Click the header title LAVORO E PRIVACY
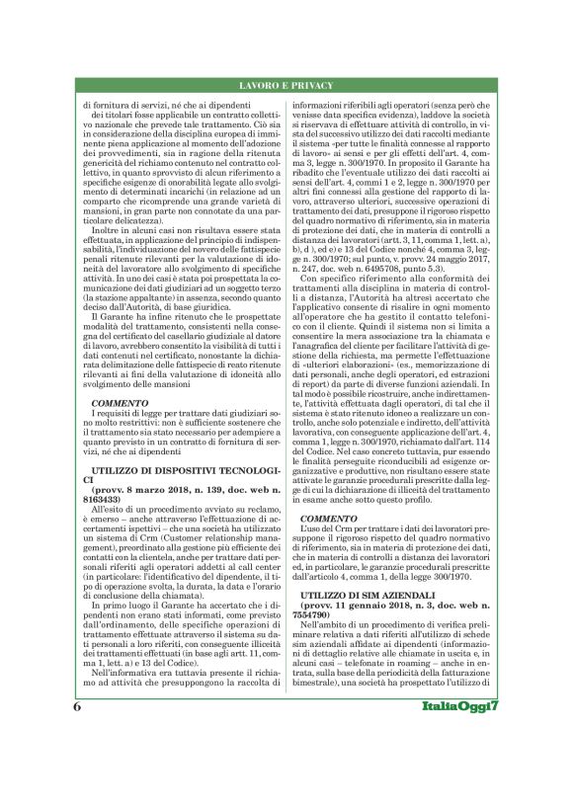[286, 87]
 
